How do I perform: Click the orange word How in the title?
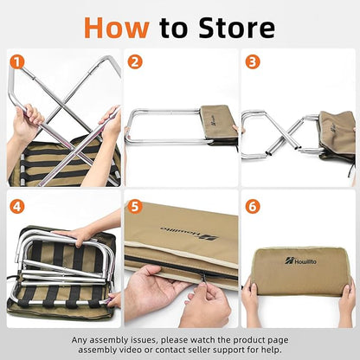coord(117,28)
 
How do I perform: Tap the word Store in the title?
coord(236,28)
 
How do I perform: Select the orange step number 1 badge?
coord(17,62)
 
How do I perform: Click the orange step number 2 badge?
coord(135,62)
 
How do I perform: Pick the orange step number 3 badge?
coord(253,62)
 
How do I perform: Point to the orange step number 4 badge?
coord(17,207)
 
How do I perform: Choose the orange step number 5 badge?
coord(135,207)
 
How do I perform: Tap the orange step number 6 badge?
coord(253,207)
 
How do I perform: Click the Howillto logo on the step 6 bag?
coord(300,261)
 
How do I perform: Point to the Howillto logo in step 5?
coord(190,233)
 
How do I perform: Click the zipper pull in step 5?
coord(203,278)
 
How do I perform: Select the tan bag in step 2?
coord(219,125)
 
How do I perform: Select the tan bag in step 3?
coord(337,136)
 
